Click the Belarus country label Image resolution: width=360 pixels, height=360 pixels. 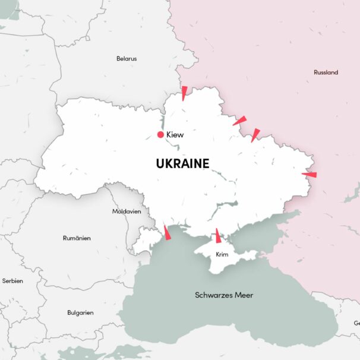(127, 59)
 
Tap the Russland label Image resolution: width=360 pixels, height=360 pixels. (326, 72)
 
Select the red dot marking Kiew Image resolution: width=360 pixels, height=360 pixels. (160, 135)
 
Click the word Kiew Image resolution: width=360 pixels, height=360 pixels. (175, 135)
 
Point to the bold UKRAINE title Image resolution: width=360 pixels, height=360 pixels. (182, 163)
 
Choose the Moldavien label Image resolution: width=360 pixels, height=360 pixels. (127, 211)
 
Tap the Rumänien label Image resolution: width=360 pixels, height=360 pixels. (77, 238)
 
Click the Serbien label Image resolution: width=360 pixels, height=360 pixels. (12, 280)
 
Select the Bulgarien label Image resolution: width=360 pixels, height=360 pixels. (80, 312)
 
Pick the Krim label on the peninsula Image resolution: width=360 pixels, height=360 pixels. (222, 254)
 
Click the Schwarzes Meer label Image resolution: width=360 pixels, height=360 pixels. (223, 295)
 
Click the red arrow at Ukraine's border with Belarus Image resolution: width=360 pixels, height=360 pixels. (184, 93)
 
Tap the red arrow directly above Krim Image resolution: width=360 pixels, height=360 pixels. (218, 236)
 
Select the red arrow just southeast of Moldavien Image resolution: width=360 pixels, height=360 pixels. (167, 232)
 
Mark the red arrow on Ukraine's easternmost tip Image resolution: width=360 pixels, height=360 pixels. (309, 175)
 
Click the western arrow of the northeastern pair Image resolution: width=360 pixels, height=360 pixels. (239, 121)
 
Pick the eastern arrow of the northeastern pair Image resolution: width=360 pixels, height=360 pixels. (255, 135)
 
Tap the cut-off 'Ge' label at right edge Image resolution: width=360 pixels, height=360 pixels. (356, 323)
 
